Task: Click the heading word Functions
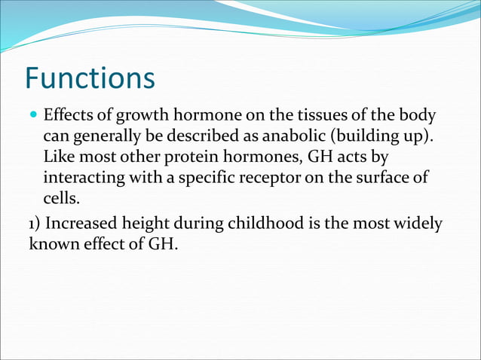90,78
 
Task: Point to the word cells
60,200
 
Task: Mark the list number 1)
37,224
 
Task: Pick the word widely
418,224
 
